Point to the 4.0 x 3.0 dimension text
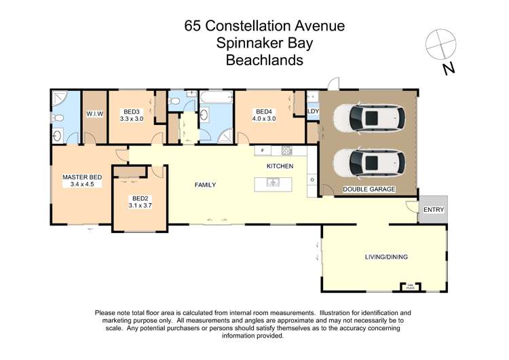[263, 118]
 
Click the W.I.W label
[94, 114]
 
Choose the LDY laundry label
[313, 111]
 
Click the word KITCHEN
[280, 166]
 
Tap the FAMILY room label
[205, 185]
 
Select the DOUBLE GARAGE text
[369, 190]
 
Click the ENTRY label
[433, 210]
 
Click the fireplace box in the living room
[410, 286]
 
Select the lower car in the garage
[369, 162]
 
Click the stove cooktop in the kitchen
[286, 150]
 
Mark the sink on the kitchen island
[271, 181]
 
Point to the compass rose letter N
[448, 68]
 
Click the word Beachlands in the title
[264, 59]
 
